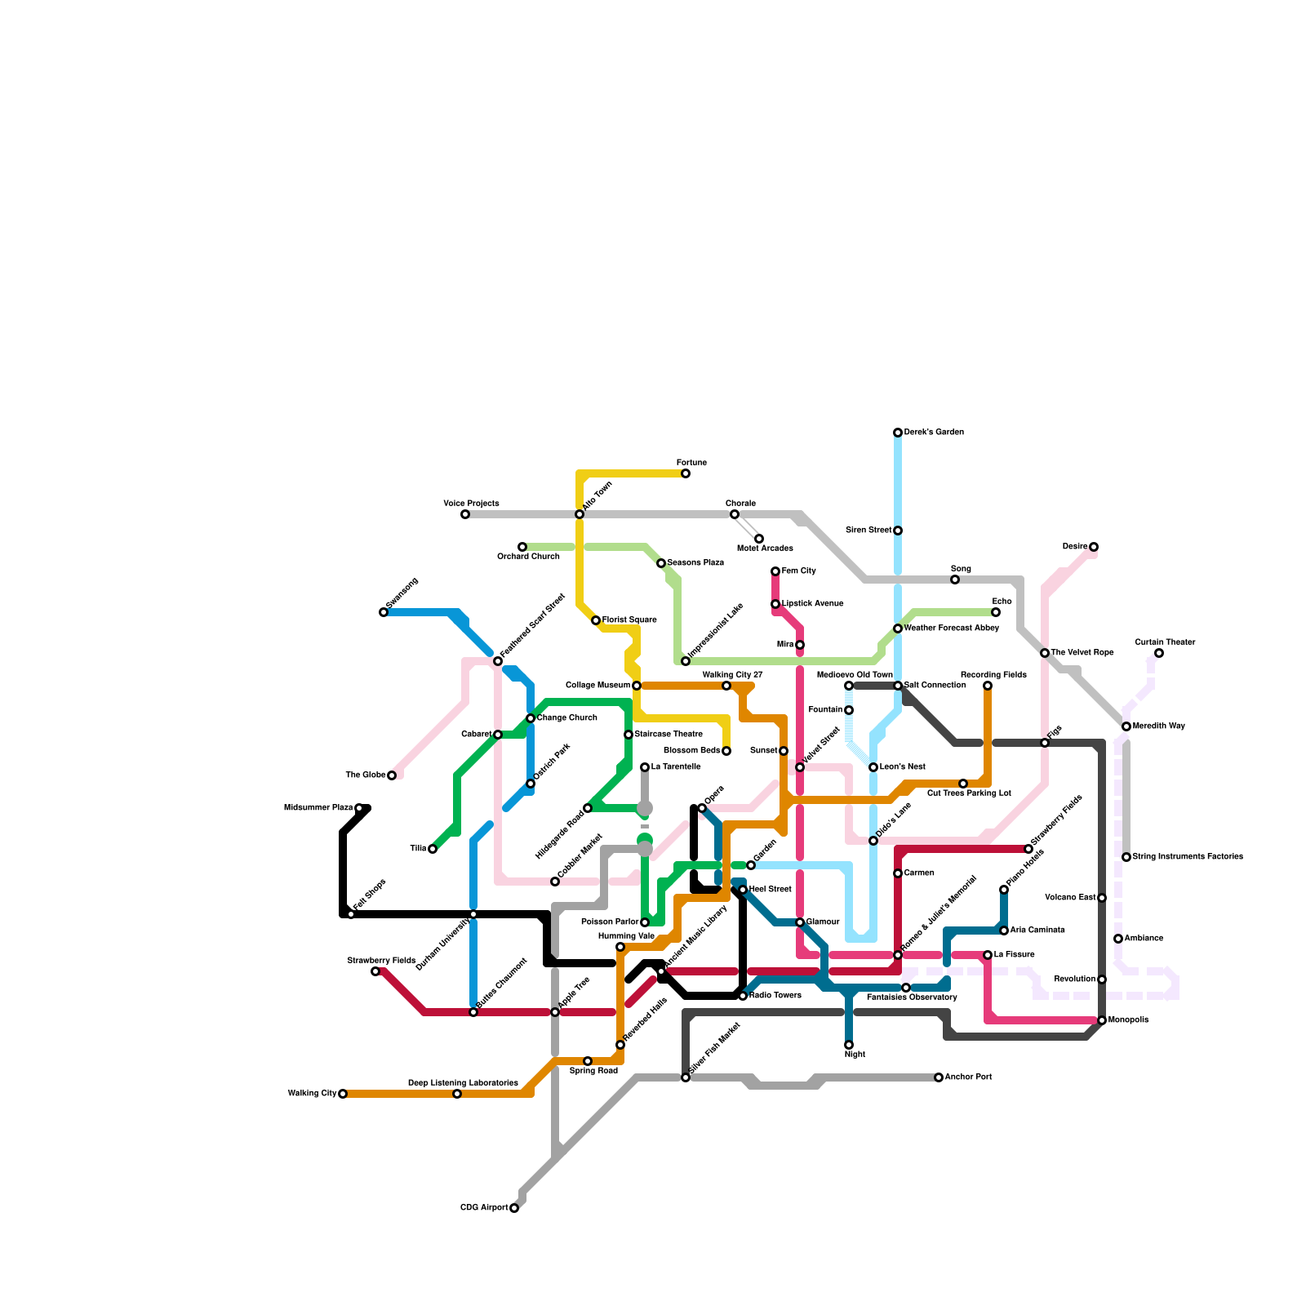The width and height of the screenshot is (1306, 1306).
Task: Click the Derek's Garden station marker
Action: tap(898, 433)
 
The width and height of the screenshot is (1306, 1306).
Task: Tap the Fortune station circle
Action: tap(686, 473)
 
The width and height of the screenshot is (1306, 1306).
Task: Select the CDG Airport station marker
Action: tap(514, 1208)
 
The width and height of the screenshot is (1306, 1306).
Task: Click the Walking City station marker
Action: tap(343, 1094)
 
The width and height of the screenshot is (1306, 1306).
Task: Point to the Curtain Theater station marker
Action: tap(1159, 653)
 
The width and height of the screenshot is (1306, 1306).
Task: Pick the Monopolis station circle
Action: tap(1102, 1020)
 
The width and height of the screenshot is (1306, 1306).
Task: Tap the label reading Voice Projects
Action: tap(471, 504)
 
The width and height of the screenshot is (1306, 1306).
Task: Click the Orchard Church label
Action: tap(528, 557)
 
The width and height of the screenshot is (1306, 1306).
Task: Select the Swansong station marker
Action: tap(384, 612)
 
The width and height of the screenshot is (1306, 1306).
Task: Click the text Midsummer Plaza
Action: tap(318, 808)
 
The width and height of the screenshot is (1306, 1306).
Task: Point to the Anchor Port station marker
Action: tap(939, 1077)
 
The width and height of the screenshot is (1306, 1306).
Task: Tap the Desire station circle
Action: tap(1094, 547)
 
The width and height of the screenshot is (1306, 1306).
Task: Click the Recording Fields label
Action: tap(987, 675)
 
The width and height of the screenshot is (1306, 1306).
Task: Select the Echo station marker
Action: tap(996, 612)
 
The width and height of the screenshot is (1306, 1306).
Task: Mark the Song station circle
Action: tap(955, 580)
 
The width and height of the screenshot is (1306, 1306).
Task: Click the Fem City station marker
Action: tap(775, 571)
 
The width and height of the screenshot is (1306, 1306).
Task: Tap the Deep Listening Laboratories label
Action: tap(463, 1083)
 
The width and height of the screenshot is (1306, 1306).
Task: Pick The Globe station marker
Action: tap(392, 775)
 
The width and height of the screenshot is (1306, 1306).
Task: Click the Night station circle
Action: tap(849, 1045)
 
